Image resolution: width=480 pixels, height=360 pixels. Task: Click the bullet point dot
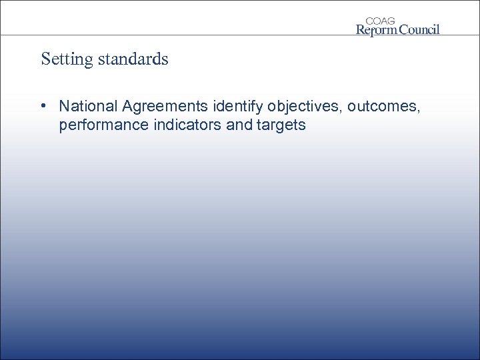(42, 106)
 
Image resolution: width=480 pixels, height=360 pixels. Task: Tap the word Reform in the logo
(378, 29)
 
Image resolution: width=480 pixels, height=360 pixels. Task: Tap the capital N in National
(64, 106)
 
